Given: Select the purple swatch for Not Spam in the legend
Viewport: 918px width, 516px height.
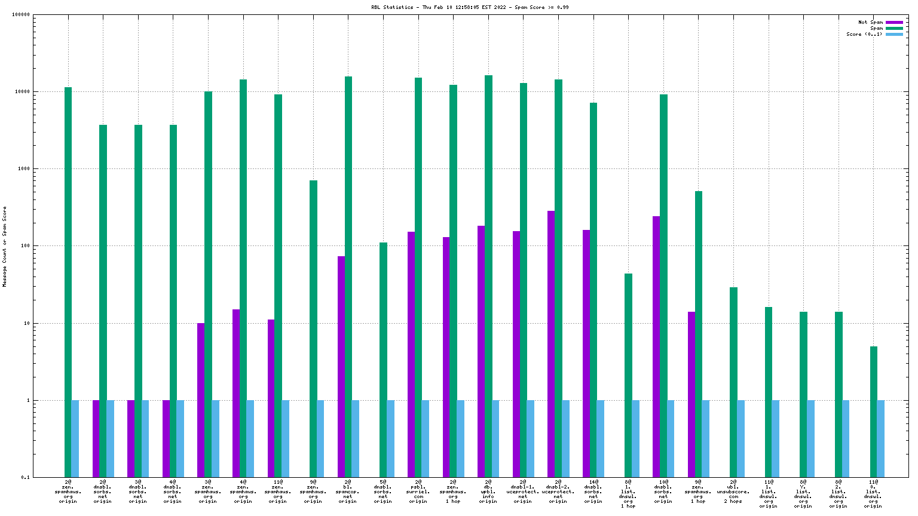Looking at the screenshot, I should [893, 22].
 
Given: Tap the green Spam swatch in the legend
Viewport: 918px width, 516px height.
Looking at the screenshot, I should [893, 28].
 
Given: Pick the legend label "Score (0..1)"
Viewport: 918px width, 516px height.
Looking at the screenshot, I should [864, 34].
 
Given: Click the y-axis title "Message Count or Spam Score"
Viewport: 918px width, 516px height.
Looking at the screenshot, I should [5, 247].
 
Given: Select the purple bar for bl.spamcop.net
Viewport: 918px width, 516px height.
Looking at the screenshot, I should [341, 367].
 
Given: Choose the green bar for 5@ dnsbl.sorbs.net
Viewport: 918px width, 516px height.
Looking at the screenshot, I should [383, 360].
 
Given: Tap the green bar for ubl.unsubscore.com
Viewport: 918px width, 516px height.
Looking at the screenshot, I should [733, 382].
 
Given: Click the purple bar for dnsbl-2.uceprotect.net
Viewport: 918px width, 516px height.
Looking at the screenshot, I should [551, 344].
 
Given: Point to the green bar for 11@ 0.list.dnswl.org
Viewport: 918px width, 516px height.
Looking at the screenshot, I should [874, 411].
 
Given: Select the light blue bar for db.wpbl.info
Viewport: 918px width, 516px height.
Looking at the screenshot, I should [495, 438].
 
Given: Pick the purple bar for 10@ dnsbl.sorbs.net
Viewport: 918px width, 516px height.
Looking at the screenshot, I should [656, 346].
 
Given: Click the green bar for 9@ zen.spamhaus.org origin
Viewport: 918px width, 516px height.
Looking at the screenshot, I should [313, 328].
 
